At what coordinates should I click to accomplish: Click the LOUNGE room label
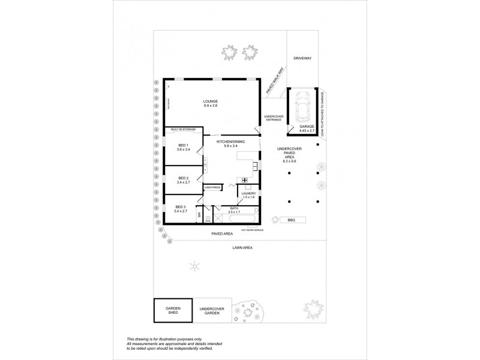(210, 101)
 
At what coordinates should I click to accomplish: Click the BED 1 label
(183, 145)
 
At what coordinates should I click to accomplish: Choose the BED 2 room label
(183, 178)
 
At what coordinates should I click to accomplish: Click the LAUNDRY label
(248, 193)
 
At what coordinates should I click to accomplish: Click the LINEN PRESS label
(213, 188)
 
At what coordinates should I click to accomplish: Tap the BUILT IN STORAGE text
(182, 130)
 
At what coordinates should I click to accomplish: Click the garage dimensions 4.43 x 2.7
(307, 131)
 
